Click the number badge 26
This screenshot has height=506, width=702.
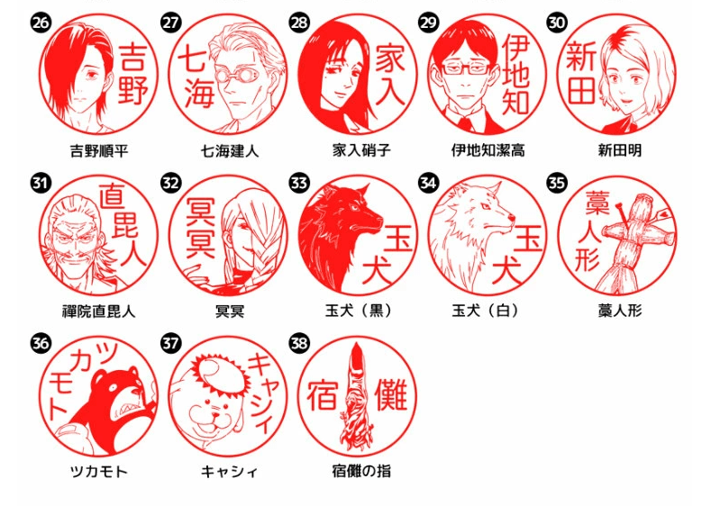point(41,23)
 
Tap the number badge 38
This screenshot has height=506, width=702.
point(298,343)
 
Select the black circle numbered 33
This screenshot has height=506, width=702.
point(298,183)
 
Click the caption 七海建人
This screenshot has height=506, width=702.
point(230,150)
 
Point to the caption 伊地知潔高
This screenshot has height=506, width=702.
point(488,150)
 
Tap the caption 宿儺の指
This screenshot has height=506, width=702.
point(361,471)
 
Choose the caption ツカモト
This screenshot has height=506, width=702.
point(99,471)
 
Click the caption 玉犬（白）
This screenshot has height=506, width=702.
point(486,310)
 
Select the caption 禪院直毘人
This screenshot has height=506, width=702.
point(98,311)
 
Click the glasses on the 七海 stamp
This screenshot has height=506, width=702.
point(232,73)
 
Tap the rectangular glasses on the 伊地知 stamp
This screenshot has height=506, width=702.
point(465,68)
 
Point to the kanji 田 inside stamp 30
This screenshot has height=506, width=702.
point(581,90)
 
